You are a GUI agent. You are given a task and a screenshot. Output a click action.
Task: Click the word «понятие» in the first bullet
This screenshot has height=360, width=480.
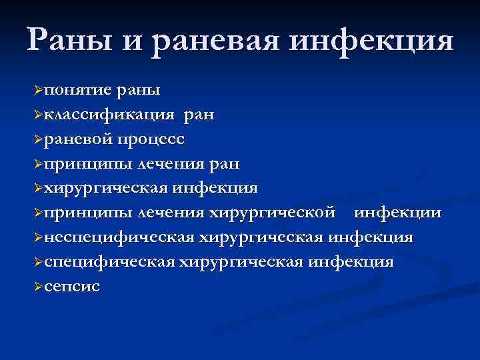[73, 89]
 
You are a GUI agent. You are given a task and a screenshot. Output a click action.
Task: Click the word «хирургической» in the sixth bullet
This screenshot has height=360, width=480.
[273, 213]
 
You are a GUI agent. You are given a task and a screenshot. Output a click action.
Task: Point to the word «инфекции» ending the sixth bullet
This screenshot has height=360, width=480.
[397, 213]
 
